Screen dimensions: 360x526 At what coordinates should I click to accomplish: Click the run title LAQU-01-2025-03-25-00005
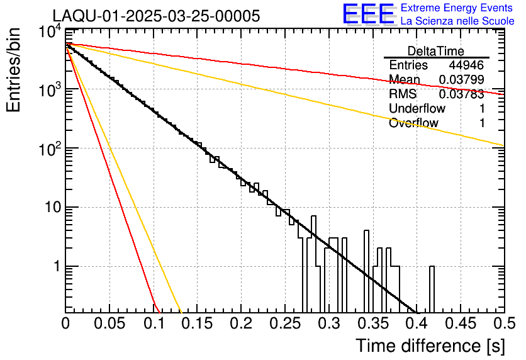pyautogui.click(x=155, y=16)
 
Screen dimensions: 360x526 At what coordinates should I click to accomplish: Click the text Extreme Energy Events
pyautogui.click(x=457, y=8)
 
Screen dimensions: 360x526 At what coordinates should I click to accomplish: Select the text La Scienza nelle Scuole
pyautogui.click(x=457, y=21)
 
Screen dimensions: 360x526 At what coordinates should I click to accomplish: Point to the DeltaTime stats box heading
pyautogui.click(x=436, y=51)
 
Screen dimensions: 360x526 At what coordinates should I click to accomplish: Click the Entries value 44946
pyautogui.click(x=466, y=65)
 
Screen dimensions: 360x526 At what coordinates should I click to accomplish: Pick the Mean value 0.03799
pyautogui.click(x=461, y=80)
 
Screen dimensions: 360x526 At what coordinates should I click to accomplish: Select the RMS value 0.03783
pyautogui.click(x=461, y=94)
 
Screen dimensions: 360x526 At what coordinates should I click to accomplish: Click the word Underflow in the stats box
pyautogui.click(x=417, y=109)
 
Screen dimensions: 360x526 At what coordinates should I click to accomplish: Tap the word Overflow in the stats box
pyautogui.click(x=413, y=123)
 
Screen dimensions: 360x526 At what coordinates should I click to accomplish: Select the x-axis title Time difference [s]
pyautogui.click(x=429, y=346)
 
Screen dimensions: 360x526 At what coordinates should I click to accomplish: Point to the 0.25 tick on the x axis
pyautogui.click(x=284, y=323)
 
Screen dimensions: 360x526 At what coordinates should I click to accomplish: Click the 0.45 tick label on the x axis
pyautogui.click(x=459, y=323)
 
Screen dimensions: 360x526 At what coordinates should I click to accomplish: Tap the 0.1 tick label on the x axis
pyautogui.click(x=154, y=323)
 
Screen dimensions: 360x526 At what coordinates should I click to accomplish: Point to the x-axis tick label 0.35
pyautogui.click(x=372, y=323)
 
